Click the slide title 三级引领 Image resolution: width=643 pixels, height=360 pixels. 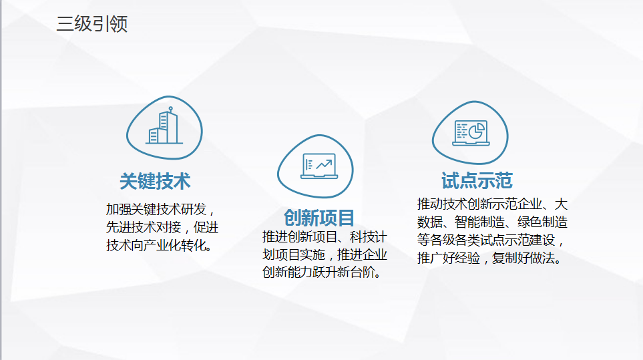[x=92, y=24]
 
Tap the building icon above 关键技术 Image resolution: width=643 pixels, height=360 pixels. [x=164, y=126]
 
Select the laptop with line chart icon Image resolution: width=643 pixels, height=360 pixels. [x=319, y=166]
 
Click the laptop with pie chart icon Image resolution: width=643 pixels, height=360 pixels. [x=471, y=133]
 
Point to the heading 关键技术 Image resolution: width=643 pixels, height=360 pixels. [x=155, y=181]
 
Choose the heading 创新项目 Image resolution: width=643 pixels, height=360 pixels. [x=319, y=218]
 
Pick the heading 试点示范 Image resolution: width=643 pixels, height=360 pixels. [x=477, y=180]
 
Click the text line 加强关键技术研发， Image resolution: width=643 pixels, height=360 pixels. [x=160, y=210]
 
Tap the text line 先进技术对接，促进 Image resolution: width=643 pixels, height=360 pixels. [x=162, y=227]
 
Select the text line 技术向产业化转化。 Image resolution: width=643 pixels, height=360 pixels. [x=160, y=245]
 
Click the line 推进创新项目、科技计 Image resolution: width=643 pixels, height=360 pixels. [x=325, y=236]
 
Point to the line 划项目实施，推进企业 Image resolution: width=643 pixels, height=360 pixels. [x=325, y=254]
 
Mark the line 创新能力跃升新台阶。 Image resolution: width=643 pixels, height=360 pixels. [x=322, y=273]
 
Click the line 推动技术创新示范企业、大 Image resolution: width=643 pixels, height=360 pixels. [x=492, y=204]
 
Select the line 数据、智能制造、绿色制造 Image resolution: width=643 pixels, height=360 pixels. [x=492, y=222]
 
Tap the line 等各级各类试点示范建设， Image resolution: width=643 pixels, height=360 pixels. [x=491, y=240]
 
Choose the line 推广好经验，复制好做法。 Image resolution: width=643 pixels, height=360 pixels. [x=489, y=258]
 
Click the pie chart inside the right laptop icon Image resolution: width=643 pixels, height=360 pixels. [x=477, y=131]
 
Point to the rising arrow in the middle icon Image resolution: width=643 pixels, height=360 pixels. [x=324, y=164]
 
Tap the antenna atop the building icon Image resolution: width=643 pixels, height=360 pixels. [x=170, y=110]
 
